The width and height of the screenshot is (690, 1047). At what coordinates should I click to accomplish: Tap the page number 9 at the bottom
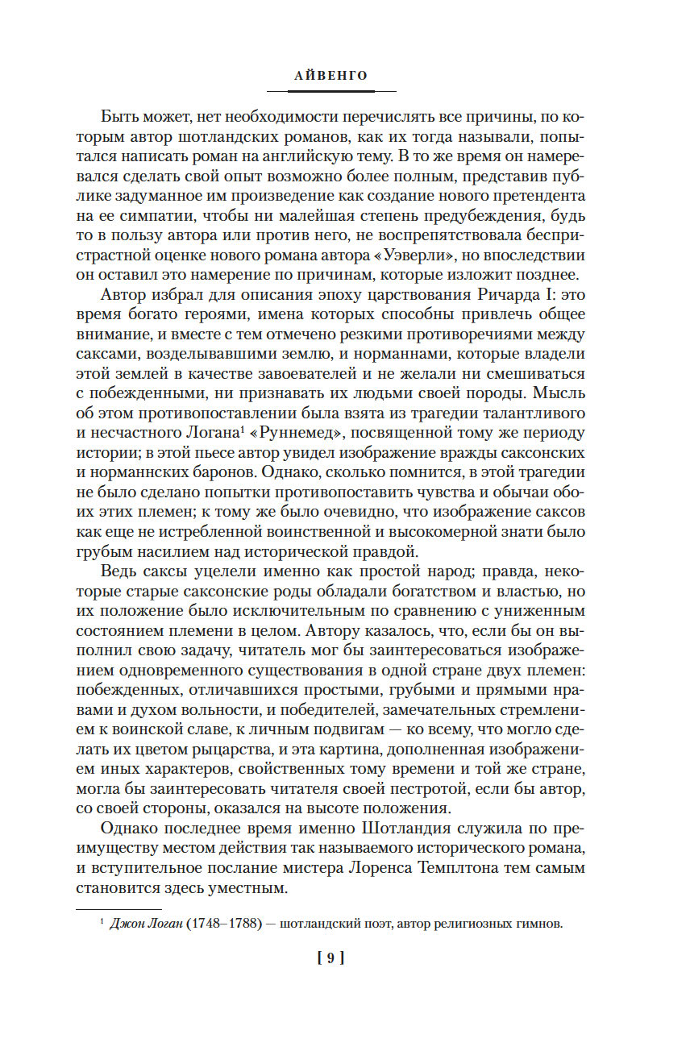click(x=331, y=958)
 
